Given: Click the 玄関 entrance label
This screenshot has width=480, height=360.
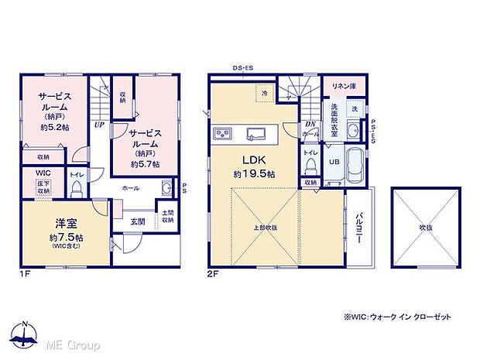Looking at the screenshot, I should click(136, 222).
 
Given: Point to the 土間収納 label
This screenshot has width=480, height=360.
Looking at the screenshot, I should click(167, 216).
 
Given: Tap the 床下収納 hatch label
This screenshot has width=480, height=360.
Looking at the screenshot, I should click(43, 187).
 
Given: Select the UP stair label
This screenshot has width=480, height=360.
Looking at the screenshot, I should click(100, 124).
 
